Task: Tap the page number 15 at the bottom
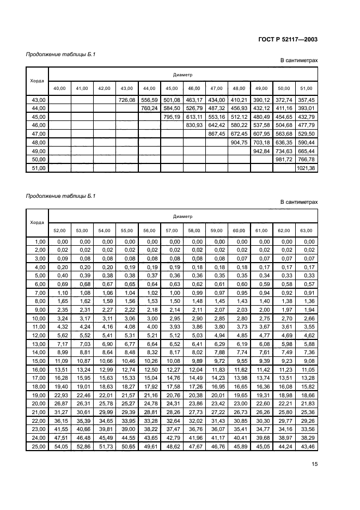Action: pos(314,464)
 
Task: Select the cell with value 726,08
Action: pos(126,100)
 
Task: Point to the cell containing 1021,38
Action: pos(306,168)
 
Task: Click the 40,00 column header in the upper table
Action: pos(59,88)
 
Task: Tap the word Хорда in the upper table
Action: pos(37,80)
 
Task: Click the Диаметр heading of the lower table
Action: pos(182,216)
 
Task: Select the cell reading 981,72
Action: pos(283,160)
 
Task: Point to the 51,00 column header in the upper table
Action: pos(306,88)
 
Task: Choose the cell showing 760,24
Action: pos(149,108)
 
